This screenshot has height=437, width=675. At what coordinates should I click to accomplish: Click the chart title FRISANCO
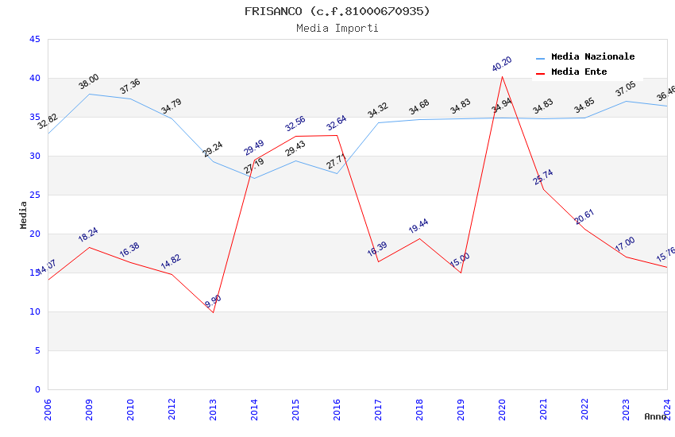(x=337, y=11)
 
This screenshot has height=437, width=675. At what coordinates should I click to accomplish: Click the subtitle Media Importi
(x=337, y=28)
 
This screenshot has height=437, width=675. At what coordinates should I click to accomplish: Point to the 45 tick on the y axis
(x=34, y=39)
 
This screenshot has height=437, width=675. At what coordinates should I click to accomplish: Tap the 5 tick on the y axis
(x=37, y=350)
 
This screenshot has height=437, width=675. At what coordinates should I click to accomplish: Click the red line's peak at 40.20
(x=502, y=76)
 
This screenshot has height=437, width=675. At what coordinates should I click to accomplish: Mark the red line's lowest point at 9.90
(x=213, y=312)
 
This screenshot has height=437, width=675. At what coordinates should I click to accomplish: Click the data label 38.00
(x=89, y=81)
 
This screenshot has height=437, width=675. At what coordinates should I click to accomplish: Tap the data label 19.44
(x=418, y=226)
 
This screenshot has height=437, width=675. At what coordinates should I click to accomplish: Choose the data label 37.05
(x=626, y=89)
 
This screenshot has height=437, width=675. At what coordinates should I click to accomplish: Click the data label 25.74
(x=543, y=177)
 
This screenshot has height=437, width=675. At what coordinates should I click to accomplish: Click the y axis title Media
(x=23, y=215)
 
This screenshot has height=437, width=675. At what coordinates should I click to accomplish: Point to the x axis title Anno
(x=655, y=416)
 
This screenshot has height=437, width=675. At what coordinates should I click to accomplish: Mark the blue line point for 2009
(x=89, y=94)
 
